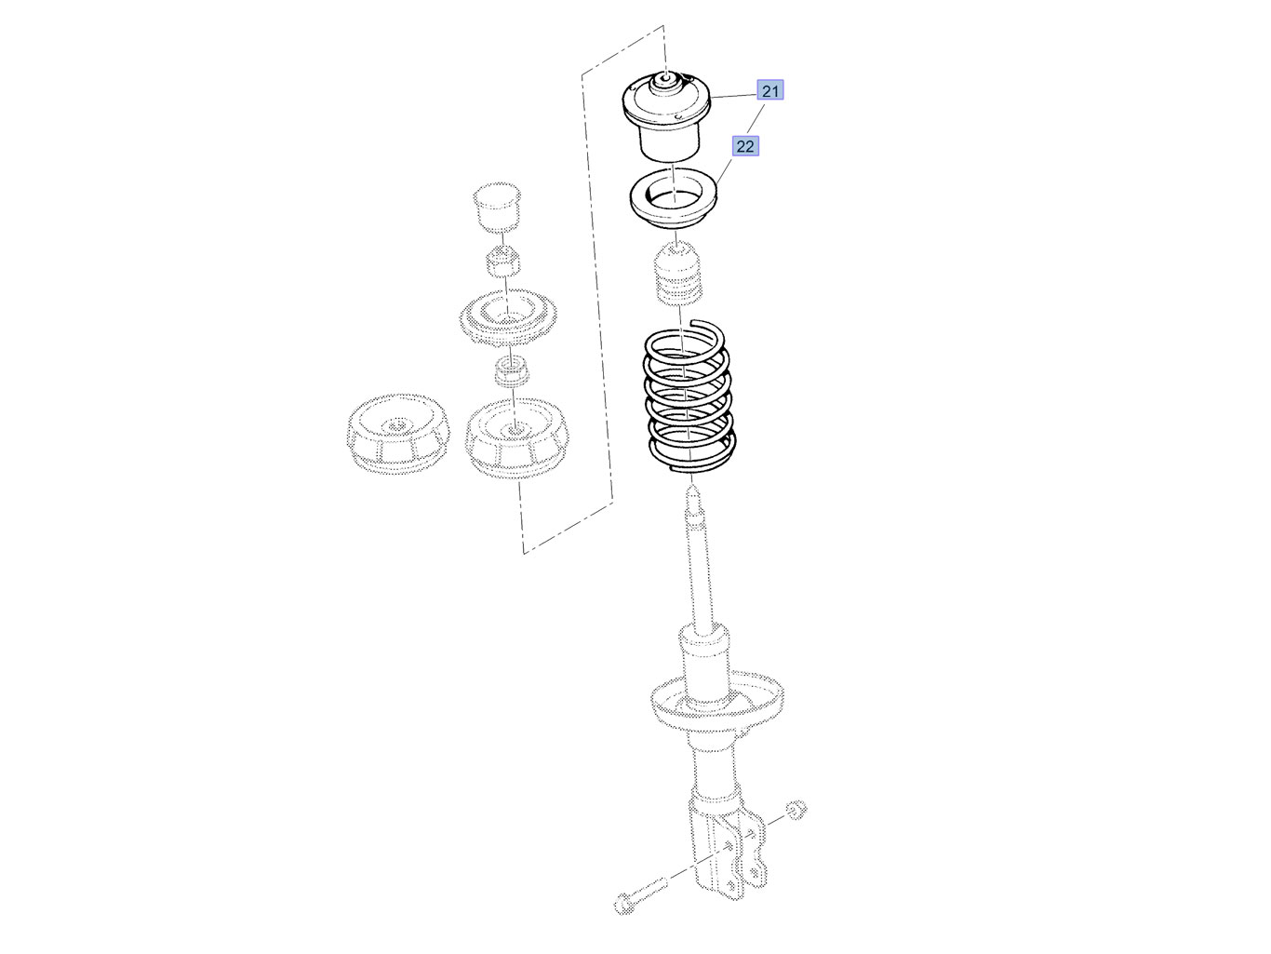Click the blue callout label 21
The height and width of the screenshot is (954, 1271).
click(x=769, y=90)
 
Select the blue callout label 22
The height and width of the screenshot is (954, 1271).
click(x=745, y=146)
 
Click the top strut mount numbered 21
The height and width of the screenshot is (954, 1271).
click(x=666, y=115)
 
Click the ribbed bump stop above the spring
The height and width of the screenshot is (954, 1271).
click(x=678, y=273)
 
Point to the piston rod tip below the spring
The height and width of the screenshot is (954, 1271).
click(x=693, y=494)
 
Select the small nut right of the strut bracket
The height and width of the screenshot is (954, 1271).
click(x=796, y=810)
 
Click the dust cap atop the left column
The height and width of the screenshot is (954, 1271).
click(x=496, y=208)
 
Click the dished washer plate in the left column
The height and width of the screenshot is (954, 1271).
click(x=508, y=318)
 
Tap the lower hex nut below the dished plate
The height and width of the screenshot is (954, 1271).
click(x=511, y=372)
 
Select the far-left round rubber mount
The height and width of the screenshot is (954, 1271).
click(x=397, y=434)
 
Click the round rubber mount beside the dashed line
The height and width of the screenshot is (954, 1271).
click(x=516, y=437)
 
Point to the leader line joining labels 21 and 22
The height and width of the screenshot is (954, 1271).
click(x=756, y=118)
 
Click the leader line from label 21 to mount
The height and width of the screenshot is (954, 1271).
click(x=733, y=96)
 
